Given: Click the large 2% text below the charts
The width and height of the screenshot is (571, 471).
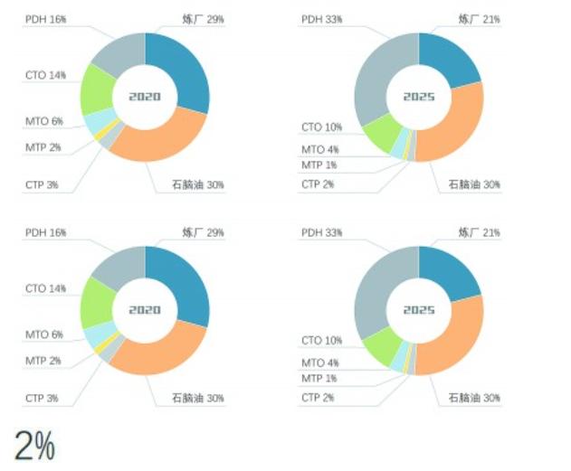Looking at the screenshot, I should click(34, 446).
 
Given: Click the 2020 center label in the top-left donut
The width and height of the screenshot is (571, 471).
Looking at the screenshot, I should click(144, 96).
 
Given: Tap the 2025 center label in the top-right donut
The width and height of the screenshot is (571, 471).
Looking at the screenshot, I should click(419, 96).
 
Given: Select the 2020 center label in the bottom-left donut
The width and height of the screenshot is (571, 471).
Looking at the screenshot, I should click(144, 310).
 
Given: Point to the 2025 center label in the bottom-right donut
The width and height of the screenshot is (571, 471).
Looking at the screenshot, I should click(419, 310).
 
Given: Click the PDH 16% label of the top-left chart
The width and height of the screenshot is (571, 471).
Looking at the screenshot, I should click(45, 18).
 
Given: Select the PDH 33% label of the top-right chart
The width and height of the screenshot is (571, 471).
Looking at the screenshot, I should click(321, 18).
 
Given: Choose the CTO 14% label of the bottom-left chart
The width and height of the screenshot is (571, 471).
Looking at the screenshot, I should click(46, 288).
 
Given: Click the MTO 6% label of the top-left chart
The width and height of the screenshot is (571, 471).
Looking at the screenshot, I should click(44, 121).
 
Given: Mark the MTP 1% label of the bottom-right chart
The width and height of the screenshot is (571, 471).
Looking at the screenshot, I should click(319, 378).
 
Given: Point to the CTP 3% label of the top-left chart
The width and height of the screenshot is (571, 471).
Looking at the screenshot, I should click(42, 184).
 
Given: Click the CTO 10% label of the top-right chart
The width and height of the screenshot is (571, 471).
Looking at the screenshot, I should click(322, 127).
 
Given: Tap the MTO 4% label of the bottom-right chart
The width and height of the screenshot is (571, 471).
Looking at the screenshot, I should click(320, 363).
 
